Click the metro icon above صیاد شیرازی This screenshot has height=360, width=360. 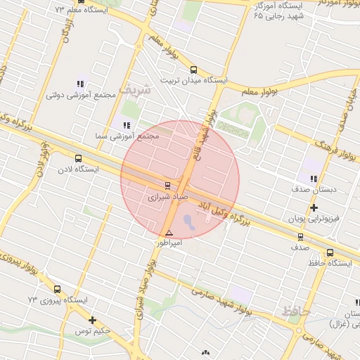(167, 186)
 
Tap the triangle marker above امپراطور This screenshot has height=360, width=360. (169, 233)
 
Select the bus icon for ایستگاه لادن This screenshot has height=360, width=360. (77, 159)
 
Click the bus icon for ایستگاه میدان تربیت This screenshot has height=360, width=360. (193, 70)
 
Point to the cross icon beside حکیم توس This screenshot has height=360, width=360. (91, 321)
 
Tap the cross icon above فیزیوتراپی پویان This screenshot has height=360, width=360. (314, 207)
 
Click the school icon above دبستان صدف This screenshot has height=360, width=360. (314, 179)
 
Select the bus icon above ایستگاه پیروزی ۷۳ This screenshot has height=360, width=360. (58, 289)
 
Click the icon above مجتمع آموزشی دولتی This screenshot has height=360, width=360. (79, 83)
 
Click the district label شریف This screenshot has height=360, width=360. (134, 90)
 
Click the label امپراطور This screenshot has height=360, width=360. (169, 243)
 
